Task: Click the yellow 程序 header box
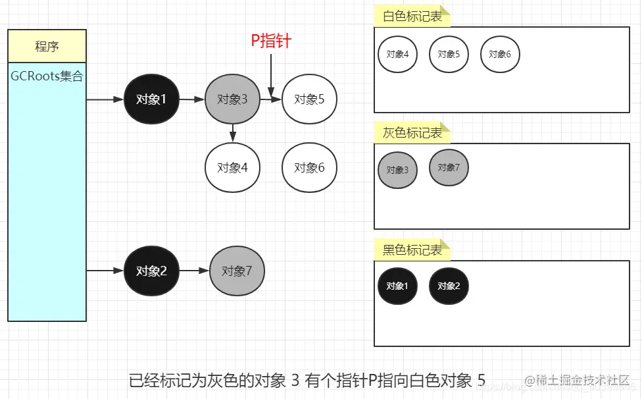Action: pyautogui.click(x=47, y=46)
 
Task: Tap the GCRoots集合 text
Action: pyautogui.click(x=47, y=76)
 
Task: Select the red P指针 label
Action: pyautogui.click(x=271, y=41)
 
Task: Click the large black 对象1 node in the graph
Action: pyautogui.click(x=151, y=100)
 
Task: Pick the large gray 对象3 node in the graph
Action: pyautogui.click(x=232, y=100)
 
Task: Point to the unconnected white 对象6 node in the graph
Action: pyautogui.click(x=309, y=168)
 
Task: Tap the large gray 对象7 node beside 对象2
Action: pyautogui.click(x=237, y=271)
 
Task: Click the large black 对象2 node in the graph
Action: pyautogui.click(x=151, y=271)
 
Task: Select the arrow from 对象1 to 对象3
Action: pyautogui.click(x=191, y=100)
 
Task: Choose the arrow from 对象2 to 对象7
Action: pyautogui.click(x=194, y=271)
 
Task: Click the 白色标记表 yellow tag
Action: pyautogui.click(x=412, y=17)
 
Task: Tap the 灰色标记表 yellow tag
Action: pyautogui.click(x=412, y=133)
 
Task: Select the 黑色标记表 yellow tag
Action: pyautogui.click(x=412, y=250)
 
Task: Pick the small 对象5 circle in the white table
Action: pyautogui.click(x=449, y=54)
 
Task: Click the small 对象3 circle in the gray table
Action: pyautogui.click(x=397, y=170)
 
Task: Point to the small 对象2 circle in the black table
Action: pyautogui.click(x=449, y=286)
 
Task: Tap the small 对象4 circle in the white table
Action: pyautogui.click(x=397, y=54)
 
